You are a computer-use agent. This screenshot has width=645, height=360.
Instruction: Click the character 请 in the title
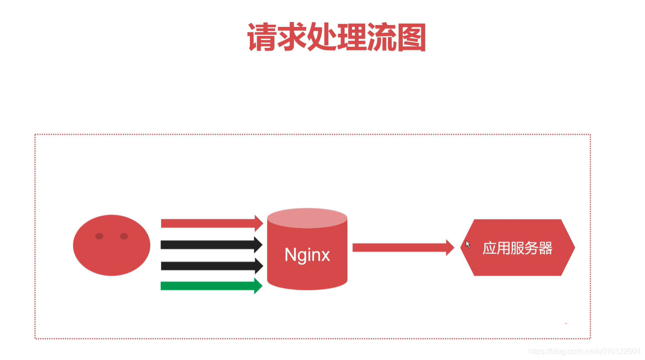(x=262, y=37)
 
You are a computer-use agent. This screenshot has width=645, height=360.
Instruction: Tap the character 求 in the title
(x=292, y=37)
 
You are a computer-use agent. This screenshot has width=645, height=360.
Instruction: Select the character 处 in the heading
(x=322, y=37)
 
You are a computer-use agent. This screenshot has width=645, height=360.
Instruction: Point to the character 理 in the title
(x=352, y=37)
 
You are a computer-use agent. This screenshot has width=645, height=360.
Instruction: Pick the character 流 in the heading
(x=381, y=37)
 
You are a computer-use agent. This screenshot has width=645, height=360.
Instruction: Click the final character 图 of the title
(x=411, y=37)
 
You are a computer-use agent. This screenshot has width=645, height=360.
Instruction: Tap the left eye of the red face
(x=99, y=236)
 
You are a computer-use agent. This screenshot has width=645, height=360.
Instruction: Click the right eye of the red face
(x=124, y=236)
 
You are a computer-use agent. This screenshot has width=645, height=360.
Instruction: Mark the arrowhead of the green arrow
(x=258, y=286)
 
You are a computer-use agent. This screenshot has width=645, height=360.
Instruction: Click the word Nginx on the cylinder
(x=307, y=254)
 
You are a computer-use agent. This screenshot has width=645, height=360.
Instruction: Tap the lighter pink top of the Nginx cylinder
(x=307, y=218)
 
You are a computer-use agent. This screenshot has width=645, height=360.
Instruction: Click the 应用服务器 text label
(x=517, y=249)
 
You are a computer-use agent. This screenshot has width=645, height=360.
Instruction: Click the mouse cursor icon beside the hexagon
(x=468, y=244)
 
